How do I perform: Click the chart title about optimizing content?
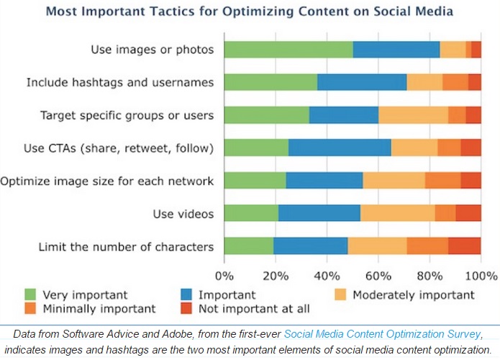point(250,12)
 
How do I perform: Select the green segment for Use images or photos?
point(288,50)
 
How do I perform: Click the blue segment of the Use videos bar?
point(319,213)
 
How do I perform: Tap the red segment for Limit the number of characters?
point(464,246)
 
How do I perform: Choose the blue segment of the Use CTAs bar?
point(340,148)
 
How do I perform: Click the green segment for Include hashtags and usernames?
point(271,82)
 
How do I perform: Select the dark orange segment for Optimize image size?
point(442,181)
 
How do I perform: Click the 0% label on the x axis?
point(224,275)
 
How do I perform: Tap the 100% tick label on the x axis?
point(481,275)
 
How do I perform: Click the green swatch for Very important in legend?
point(30,294)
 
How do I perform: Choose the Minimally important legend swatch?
point(30,309)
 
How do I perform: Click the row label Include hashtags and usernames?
point(119,82)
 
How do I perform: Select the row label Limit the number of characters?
point(126,246)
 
